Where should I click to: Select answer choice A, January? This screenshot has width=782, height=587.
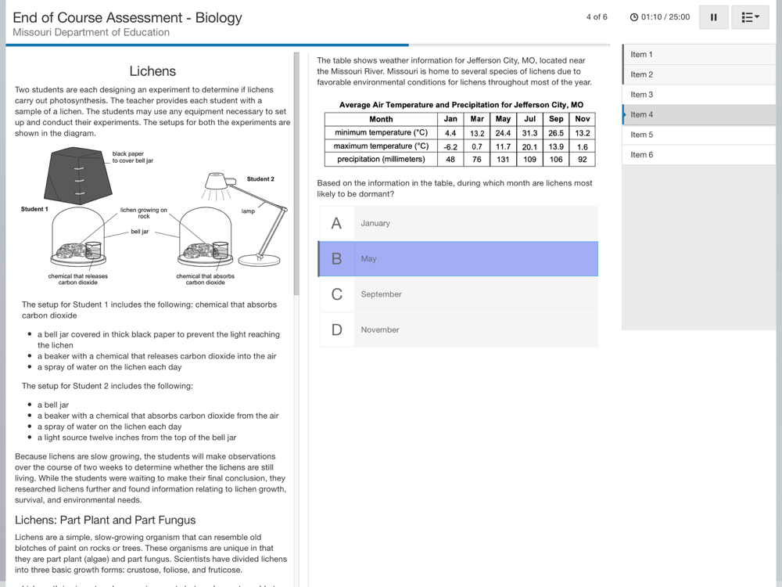tap(458, 223)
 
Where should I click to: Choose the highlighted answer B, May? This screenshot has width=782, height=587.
tap(458, 259)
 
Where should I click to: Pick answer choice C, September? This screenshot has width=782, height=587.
tap(458, 294)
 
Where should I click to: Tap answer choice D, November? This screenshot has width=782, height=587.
tap(458, 330)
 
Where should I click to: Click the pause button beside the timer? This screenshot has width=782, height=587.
tap(713, 17)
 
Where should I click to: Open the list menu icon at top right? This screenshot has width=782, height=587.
tap(750, 17)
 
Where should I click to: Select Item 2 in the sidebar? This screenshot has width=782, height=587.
tap(642, 74)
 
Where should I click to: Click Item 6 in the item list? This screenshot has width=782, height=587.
tap(642, 155)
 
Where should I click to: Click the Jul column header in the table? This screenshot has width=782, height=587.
tap(529, 119)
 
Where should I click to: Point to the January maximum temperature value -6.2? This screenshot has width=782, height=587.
tap(450, 146)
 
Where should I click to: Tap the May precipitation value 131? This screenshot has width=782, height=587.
tap(503, 160)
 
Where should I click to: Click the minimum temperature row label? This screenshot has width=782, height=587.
tap(381, 133)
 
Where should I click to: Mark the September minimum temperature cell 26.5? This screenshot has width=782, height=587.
tap(556, 133)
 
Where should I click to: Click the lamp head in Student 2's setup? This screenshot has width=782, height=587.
tap(220, 182)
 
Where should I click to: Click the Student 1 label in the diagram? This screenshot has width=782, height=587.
tap(34, 209)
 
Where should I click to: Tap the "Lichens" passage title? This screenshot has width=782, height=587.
tap(152, 71)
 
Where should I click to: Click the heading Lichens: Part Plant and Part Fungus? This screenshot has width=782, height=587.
tap(106, 520)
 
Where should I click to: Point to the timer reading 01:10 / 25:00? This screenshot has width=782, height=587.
tap(665, 17)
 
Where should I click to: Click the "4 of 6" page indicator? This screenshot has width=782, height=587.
tap(597, 17)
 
